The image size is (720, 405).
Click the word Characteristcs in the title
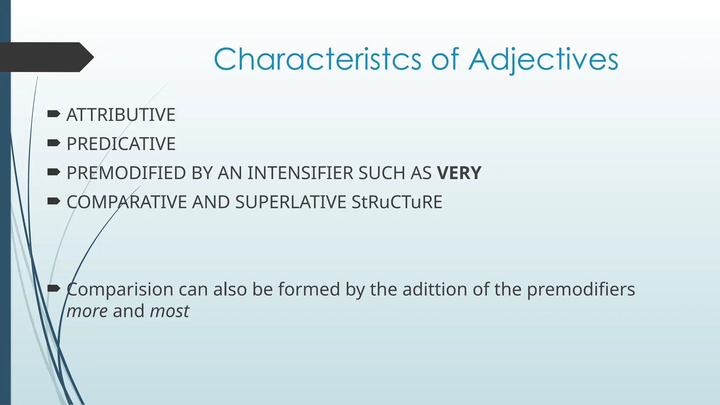click(x=317, y=59)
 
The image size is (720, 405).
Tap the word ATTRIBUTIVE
click(x=121, y=115)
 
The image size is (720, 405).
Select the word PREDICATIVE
click(x=121, y=144)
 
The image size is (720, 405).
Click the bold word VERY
click(x=459, y=173)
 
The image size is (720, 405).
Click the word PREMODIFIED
click(x=126, y=173)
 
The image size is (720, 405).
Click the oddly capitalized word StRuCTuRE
click(x=397, y=202)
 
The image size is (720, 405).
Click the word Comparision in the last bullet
click(x=120, y=290)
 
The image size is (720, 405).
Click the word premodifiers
click(x=581, y=290)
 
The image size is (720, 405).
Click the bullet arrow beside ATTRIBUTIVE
click(x=53, y=114)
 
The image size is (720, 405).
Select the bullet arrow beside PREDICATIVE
click(x=53, y=143)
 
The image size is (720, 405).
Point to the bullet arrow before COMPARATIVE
click(x=53, y=201)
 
